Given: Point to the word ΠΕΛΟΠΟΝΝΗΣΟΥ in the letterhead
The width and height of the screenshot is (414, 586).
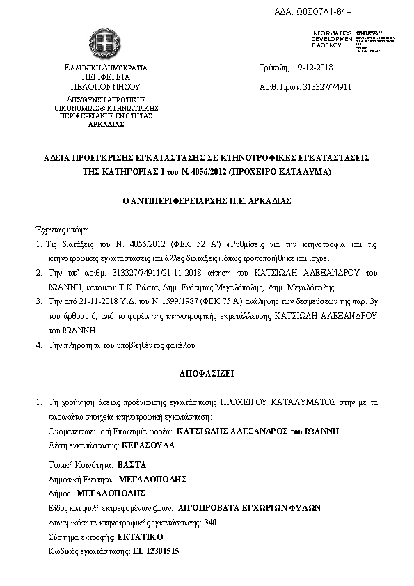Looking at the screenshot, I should [106, 88].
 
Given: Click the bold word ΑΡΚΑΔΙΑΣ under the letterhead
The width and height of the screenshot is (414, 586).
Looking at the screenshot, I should [106, 124].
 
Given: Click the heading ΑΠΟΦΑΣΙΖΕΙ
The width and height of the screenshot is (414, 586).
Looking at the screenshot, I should [207, 373].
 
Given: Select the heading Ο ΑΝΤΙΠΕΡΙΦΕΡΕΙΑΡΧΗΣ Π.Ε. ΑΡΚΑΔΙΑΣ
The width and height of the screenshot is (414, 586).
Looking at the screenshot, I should [207, 200].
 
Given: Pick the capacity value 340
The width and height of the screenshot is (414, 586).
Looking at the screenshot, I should [212, 522].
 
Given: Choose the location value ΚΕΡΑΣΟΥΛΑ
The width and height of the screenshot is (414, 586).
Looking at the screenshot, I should [148, 443].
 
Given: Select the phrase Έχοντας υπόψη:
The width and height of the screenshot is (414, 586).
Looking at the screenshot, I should [63, 229].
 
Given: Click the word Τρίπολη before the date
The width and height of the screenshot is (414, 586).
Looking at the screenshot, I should [272, 68].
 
